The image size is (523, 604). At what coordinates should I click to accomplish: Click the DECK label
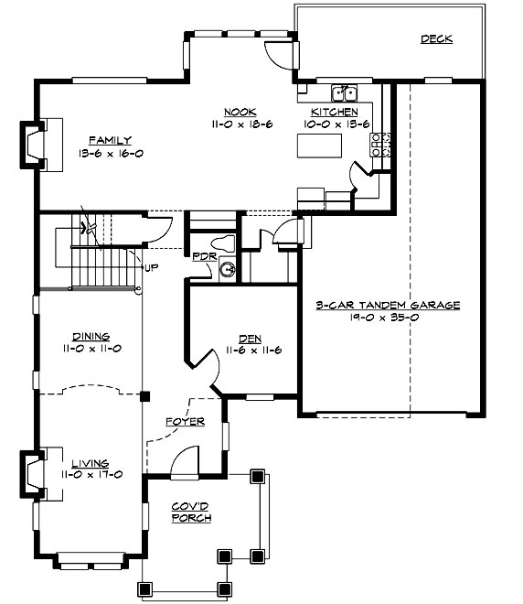click(x=436, y=39)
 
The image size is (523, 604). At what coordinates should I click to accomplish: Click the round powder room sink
click(x=228, y=270)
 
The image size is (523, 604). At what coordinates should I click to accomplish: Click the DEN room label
click(x=240, y=337)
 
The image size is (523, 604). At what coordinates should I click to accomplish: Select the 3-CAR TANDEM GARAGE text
click(x=388, y=306)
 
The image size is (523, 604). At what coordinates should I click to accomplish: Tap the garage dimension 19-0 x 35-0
click(x=388, y=318)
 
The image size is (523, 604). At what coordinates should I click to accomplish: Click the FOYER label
click(x=184, y=422)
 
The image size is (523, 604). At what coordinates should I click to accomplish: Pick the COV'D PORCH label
click(x=192, y=512)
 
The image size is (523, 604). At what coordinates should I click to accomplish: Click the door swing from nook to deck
click(x=277, y=53)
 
